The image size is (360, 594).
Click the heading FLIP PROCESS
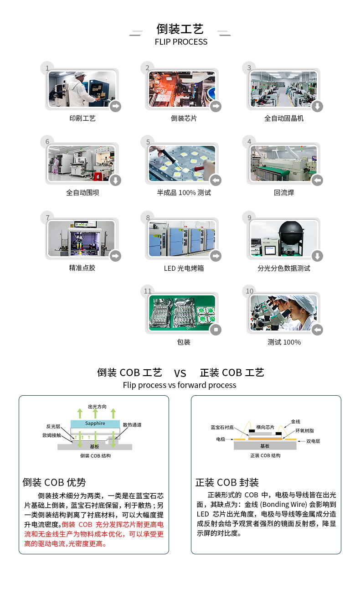tap(181, 42)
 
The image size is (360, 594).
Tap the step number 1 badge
tap(46, 68)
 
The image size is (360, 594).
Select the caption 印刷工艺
tap(82, 119)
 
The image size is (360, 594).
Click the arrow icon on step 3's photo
tap(317, 106)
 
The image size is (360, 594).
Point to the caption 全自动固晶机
tap(284, 119)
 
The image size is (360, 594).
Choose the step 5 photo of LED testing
tap(182, 164)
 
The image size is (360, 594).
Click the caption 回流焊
tap(284, 193)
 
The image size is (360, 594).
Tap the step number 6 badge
tap(47, 142)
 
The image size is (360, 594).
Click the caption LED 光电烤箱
tap(184, 268)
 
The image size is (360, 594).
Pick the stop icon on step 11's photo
tap(216, 330)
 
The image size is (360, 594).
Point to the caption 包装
tap(184, 342)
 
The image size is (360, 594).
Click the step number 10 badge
tap(249, 291)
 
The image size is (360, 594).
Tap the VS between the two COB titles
tap(180, 374)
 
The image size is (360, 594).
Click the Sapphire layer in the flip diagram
tap(95, 424)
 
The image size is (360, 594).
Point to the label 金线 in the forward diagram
tap(295, 422)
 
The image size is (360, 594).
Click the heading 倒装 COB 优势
tap(54, 482)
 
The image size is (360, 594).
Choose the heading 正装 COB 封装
tap(227, 482)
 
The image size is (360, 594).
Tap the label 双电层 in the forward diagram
tap(313, 441)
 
